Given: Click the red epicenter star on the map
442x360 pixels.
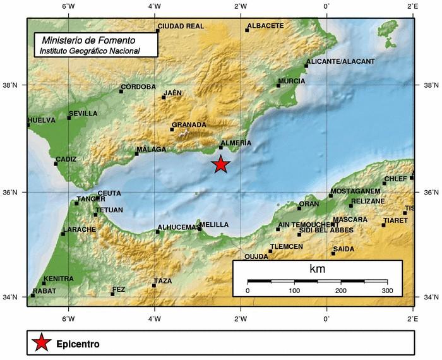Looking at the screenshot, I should pyautogui.click(x=220, y=165).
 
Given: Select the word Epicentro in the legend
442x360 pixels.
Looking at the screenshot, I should pyautogui.click(x=78, y=345).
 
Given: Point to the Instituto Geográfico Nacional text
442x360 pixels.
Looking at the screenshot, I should pyautogui.click(x=89, y=50).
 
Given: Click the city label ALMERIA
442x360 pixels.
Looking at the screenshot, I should pyautogui.click(x=237, y=143).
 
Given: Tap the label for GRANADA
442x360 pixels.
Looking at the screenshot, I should pyautogui.click(x=189, y=125).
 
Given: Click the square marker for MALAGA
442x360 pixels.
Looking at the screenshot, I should pyautogui.click(x=136, y=153).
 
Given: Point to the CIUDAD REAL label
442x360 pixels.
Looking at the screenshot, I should pyautogui.click(x=181, y=26).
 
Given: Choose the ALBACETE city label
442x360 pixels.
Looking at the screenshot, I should pyautogui.click(x=265, y=26).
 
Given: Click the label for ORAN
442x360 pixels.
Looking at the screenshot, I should pyautogui.click(x=309, y=204).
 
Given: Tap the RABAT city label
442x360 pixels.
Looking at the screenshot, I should pyautogui.click(x=44, y=291).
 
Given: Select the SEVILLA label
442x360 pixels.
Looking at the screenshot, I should pyautogui.click(x=83, y=114).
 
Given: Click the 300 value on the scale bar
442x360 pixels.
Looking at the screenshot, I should pyautogui.click(x=387, y=291).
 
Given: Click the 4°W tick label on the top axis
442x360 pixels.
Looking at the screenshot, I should pyautogui.click(x=153, y=6).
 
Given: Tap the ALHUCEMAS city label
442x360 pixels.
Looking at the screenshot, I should pyautogui.click(x=177, y=227).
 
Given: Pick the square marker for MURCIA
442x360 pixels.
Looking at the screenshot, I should pyautogui.click(x=278, y=85).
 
